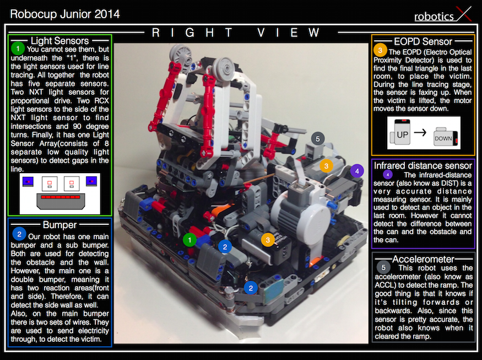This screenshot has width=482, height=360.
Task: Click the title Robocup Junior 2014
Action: (64, 13)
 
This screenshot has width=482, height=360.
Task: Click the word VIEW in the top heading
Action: (290, 33)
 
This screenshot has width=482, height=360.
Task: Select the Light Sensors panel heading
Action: (59, 41)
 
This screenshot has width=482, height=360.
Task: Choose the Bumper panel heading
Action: (59, 224)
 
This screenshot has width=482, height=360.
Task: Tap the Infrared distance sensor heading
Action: (423, 165)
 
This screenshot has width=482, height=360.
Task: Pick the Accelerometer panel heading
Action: (423, 259)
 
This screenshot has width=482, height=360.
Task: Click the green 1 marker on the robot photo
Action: (189, 239)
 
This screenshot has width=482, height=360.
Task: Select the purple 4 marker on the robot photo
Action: (357, 171)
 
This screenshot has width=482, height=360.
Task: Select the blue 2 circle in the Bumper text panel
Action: (19, 234)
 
